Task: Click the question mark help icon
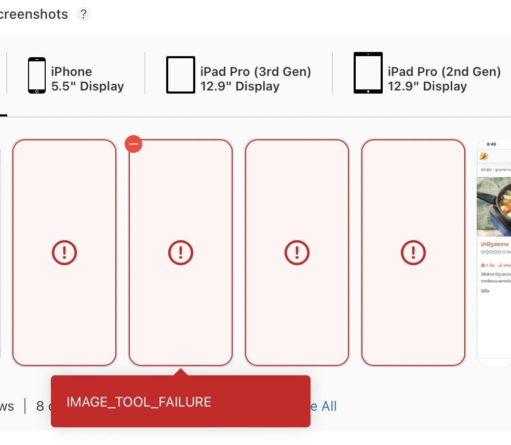[83, 14]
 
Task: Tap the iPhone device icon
[37, 75]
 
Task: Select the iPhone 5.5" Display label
[87, 79]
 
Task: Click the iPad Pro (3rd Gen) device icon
[181, 75]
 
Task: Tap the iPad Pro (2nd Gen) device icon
[368, 73]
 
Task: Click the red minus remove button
[133, 144]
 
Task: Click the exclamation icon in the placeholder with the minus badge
[181, 253]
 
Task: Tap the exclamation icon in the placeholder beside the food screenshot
[413, 253]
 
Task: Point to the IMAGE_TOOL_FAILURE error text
[139, 402]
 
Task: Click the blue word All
[329, 406]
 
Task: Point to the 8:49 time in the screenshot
[491, 144]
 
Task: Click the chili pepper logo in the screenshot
[485, 156]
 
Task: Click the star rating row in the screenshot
[491, 252]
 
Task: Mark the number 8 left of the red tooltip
[40, 406]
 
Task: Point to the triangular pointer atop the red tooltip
[181, 372]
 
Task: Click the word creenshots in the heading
[33, 14]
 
